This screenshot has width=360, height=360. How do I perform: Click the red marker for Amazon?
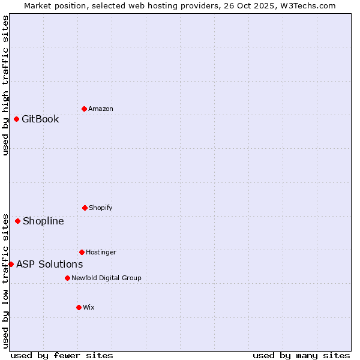click(84, 109)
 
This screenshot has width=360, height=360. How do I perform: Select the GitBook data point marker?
click(16, 119)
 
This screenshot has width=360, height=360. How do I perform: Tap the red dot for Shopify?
click(85, 208)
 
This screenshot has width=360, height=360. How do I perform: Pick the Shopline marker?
click(17, 221)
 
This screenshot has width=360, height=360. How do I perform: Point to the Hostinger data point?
click(82, 252)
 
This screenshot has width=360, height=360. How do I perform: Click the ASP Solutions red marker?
click(11, 264)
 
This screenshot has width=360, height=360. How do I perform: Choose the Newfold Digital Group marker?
click(67, 278)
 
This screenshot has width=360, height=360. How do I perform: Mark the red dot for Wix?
click(79, 307)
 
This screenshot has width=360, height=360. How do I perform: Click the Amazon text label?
click(101, 109)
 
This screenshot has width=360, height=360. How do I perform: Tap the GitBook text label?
click(40, 119)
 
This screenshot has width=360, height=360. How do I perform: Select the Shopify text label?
click(101, 208)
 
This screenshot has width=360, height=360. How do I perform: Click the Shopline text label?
click(43, 221)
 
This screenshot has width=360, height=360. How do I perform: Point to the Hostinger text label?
click(101, 252)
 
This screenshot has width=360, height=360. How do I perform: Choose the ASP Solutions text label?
click(49, 264)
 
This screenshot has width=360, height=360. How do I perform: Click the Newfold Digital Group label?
click(106, 278)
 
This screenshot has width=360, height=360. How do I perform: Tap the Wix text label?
click(89, 307)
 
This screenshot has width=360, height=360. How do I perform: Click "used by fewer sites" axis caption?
click(62, 355)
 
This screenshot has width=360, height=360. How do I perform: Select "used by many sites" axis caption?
click(301, 355)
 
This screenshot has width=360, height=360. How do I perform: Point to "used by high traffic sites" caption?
click(5, 85)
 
